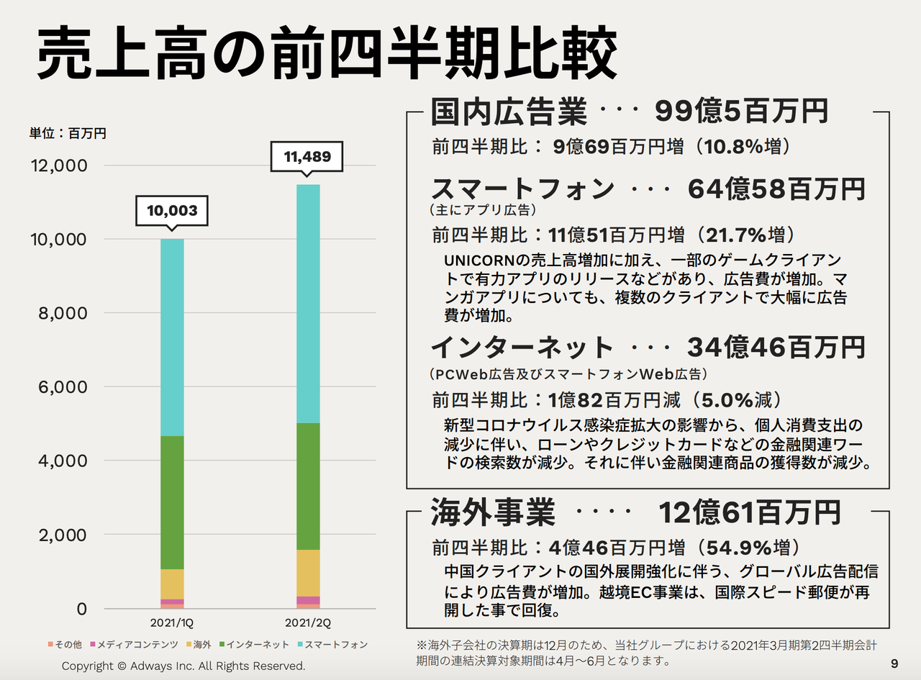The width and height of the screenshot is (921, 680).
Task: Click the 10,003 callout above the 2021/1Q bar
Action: click(171, 211)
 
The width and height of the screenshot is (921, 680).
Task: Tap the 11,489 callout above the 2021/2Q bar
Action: click(307, 157)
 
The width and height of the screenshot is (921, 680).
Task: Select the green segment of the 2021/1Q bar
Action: click(171, 502)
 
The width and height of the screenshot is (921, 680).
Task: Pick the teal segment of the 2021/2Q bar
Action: click(307, 302)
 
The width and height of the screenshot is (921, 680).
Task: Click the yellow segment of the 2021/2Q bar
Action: click(307, 573)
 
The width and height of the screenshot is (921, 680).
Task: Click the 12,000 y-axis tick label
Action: click(59, 166)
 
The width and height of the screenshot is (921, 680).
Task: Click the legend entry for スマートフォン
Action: click(331, 645)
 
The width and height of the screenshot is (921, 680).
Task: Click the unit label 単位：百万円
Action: click(68, 133)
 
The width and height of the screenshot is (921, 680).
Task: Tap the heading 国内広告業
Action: click(509, 112)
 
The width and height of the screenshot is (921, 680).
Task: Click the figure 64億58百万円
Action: click(776, 189)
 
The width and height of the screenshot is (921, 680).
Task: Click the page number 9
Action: click(894, 663)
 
